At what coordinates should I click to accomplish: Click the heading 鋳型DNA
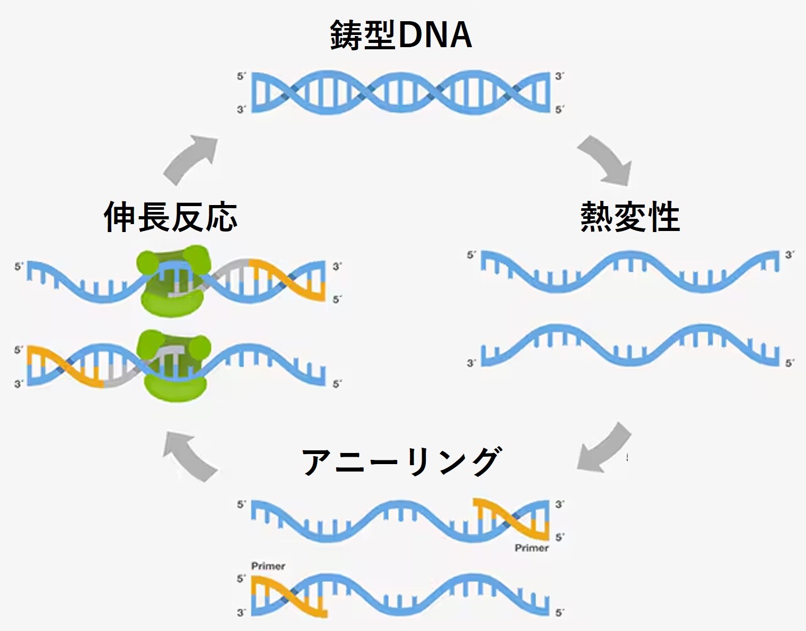[401, 35]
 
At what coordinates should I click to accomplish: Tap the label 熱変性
[630, 217]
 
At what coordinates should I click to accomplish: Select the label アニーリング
[401, 461]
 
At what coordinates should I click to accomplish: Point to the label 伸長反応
[170, 217]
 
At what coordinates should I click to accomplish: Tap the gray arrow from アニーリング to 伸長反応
[188, 456]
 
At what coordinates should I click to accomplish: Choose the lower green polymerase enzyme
[173, 366]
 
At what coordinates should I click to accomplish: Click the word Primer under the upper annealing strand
[531, 548]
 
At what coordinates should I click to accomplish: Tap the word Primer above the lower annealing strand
[268, 566]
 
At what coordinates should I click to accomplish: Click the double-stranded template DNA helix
[401, 93]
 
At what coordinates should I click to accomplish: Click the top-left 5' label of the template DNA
[241, 76]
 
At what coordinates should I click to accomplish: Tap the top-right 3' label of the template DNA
[559, 76]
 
